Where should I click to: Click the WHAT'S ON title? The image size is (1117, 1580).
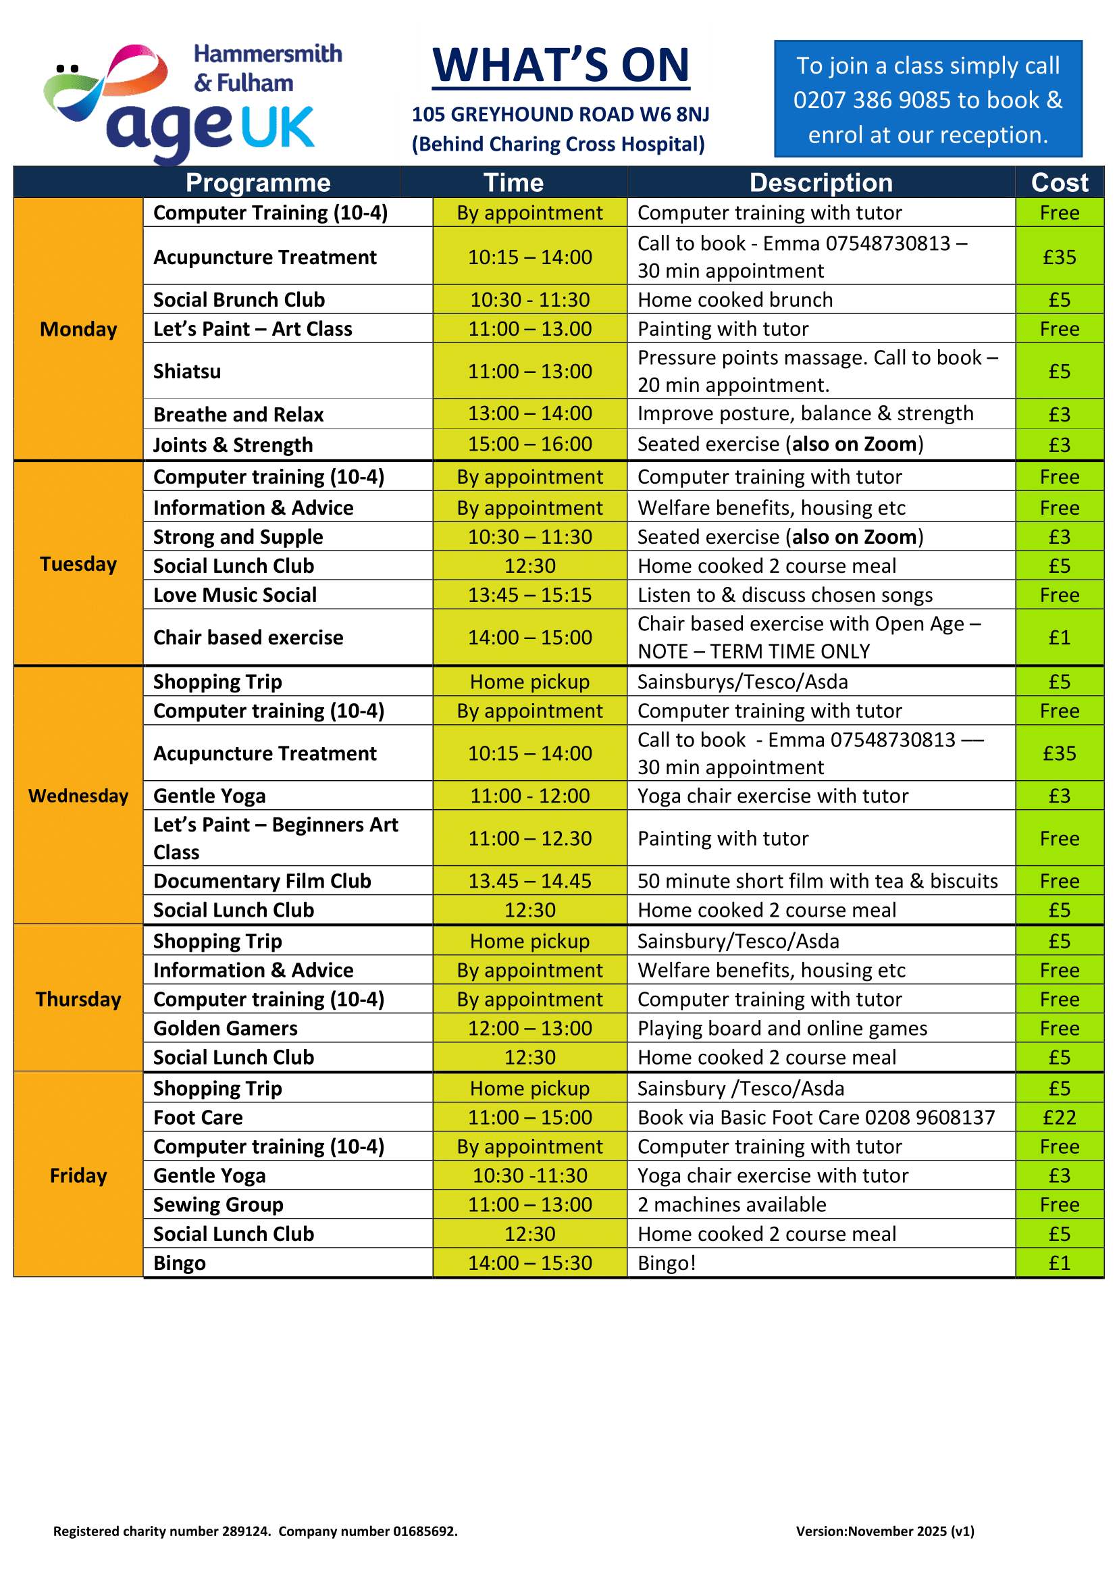click(x=561, y=66)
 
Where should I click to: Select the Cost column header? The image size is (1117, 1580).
click(x=1059, y=183)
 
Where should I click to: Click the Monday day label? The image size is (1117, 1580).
click(x=78, y=330)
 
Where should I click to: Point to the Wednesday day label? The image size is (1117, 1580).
click(x=78, y=796)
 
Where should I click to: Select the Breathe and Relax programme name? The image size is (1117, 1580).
click(x=238, y=414)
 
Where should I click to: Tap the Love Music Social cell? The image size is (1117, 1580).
click(x=234, y=595)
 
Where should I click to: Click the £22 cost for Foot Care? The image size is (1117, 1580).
click(x=1059, y=1117)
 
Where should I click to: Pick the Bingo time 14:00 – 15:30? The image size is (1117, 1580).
click(x=529, y=1263)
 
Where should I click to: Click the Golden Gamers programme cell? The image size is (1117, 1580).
click(x=226, y=1029)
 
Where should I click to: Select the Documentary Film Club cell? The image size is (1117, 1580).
click(x=262, y=882)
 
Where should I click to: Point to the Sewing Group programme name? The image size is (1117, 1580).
click(x=218, y=1205)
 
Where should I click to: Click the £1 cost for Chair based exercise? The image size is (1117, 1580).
click(x=1059, y=638)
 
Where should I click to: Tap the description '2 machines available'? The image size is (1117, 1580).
click(x=732, y=1205)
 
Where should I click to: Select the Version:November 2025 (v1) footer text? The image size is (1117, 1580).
click(x=885, y=1531)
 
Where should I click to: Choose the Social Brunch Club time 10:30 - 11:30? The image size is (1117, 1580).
click(x=529, y=300)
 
